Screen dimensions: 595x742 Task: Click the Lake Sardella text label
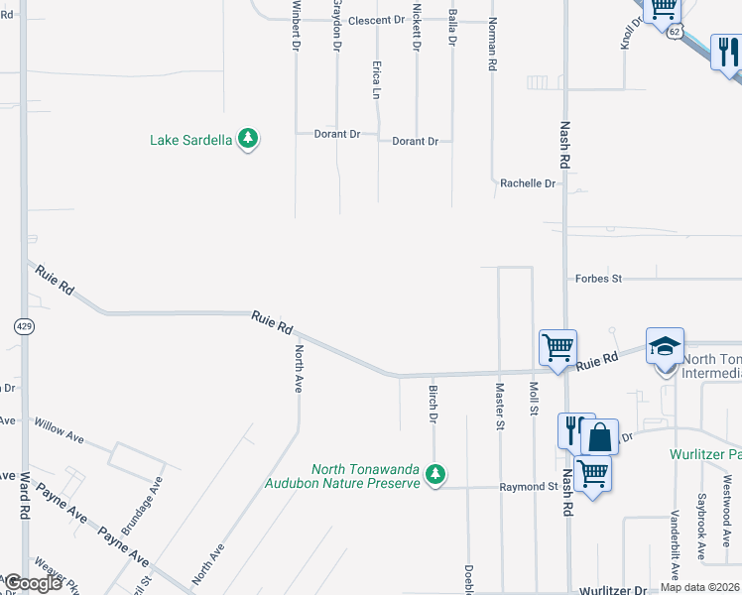coord(191,140)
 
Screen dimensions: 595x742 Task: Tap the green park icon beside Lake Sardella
coord(248,140)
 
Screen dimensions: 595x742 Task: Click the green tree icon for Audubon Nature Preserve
coord(434,475)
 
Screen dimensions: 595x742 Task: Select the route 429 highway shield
coord(22,325)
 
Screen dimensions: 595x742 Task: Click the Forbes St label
coord(598,279)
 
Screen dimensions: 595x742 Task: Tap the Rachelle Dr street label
coord(527,183)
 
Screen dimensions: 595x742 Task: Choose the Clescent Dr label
coord(378,20)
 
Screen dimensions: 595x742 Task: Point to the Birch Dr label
coord(433,403)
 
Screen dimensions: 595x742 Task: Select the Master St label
coord(500,407)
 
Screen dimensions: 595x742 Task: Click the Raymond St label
coord(528,487)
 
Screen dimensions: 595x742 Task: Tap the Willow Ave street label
coord(60,430)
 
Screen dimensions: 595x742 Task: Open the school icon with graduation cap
coord(665,346)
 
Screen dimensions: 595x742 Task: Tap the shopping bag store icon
coord(599,436)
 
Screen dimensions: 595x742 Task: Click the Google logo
coord(33,583)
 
